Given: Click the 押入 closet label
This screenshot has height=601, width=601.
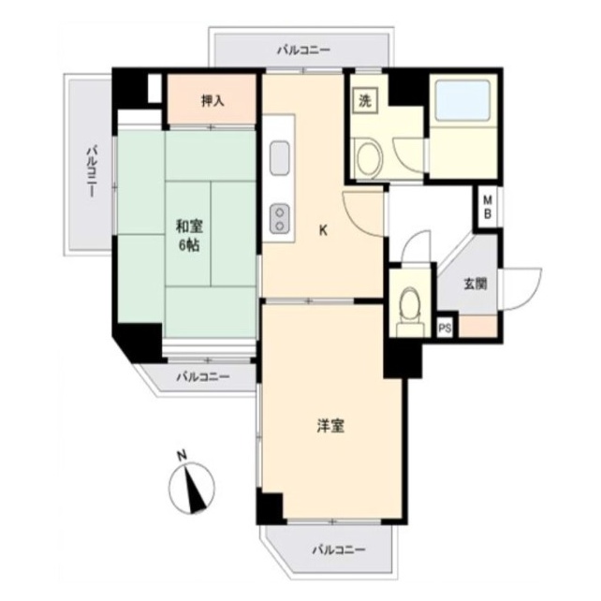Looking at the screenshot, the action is (x=213, y=101).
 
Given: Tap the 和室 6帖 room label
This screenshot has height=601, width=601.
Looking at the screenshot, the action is (x=189, y=235).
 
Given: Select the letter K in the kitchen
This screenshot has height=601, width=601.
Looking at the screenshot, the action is (x=324, y=230).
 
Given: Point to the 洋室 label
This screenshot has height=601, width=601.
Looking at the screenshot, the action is (x=330, y=426).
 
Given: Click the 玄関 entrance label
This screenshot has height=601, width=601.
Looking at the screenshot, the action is (x=476, y=284).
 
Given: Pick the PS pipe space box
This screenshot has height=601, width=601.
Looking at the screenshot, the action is (x=445, y=329).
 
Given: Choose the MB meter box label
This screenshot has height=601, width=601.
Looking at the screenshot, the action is (x=488, y=207).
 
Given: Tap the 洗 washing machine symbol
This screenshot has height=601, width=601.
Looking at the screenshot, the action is (x=365, y=101).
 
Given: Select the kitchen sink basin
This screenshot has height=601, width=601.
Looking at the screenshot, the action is (x=279, y=158).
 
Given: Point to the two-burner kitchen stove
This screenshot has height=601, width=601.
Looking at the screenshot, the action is (x=279, y=218).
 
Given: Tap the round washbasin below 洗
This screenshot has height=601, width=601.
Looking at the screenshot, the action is (x=369, y=159).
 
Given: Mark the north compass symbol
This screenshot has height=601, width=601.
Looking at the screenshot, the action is (x=192, y=488).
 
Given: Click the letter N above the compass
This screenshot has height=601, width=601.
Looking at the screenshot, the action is (x=182, y=456).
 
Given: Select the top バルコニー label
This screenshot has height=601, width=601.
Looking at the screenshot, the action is (x=304, y=51).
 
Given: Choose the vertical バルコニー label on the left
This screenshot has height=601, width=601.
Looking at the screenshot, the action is (x=91, y=171).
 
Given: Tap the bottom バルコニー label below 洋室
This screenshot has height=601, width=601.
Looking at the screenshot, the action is (x=339, y=550).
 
